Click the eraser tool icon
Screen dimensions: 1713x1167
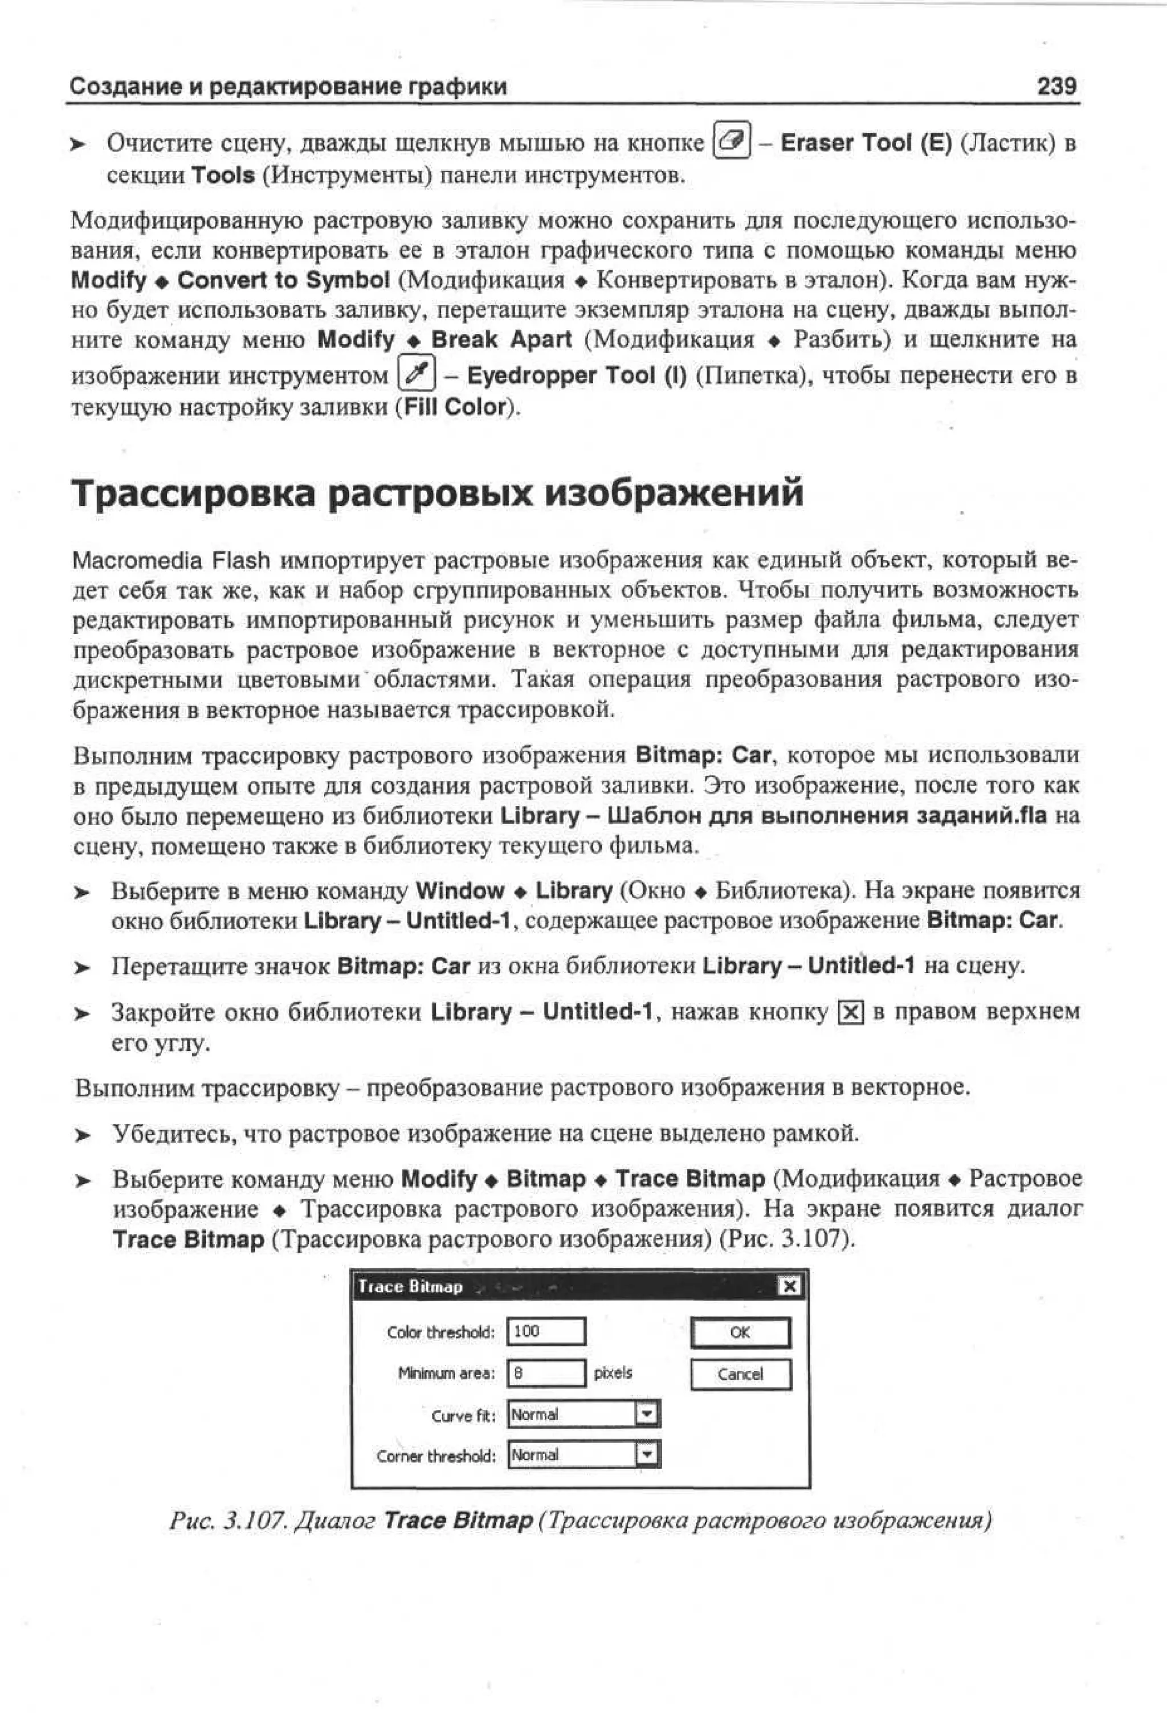pos(731,140)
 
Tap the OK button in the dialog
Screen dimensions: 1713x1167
pos(740,1332)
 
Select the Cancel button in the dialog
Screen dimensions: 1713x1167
pos(740,1374)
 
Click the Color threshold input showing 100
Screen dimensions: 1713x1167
pos(546,1331)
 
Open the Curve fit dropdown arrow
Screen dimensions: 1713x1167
pos(647,1414)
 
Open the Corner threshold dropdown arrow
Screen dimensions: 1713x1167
pos(647,1455)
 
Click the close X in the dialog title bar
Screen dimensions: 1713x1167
pos(789,1286)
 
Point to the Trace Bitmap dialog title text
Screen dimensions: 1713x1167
pos(410,1287)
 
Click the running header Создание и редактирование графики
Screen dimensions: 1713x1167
pos(288,87)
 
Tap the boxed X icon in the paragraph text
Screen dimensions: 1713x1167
pos(851,1013)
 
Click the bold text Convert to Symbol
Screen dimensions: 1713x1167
pos(283,281)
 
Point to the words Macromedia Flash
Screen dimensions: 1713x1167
pos(171,561)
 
